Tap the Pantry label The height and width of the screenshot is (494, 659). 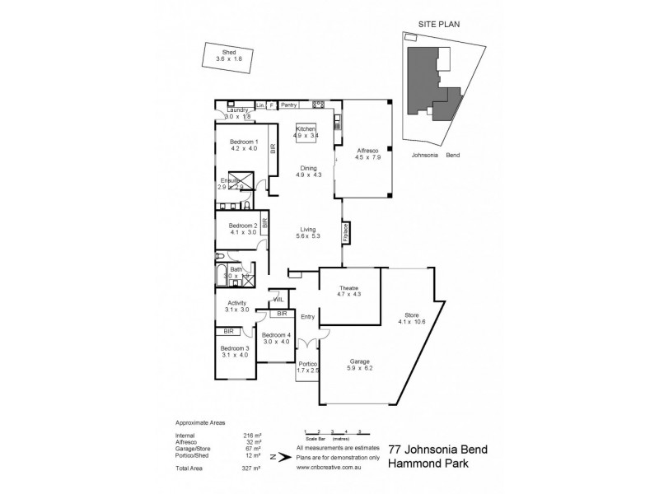click(x=288, y=105)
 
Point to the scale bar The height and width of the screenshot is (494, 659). click(x=333, y=433)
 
